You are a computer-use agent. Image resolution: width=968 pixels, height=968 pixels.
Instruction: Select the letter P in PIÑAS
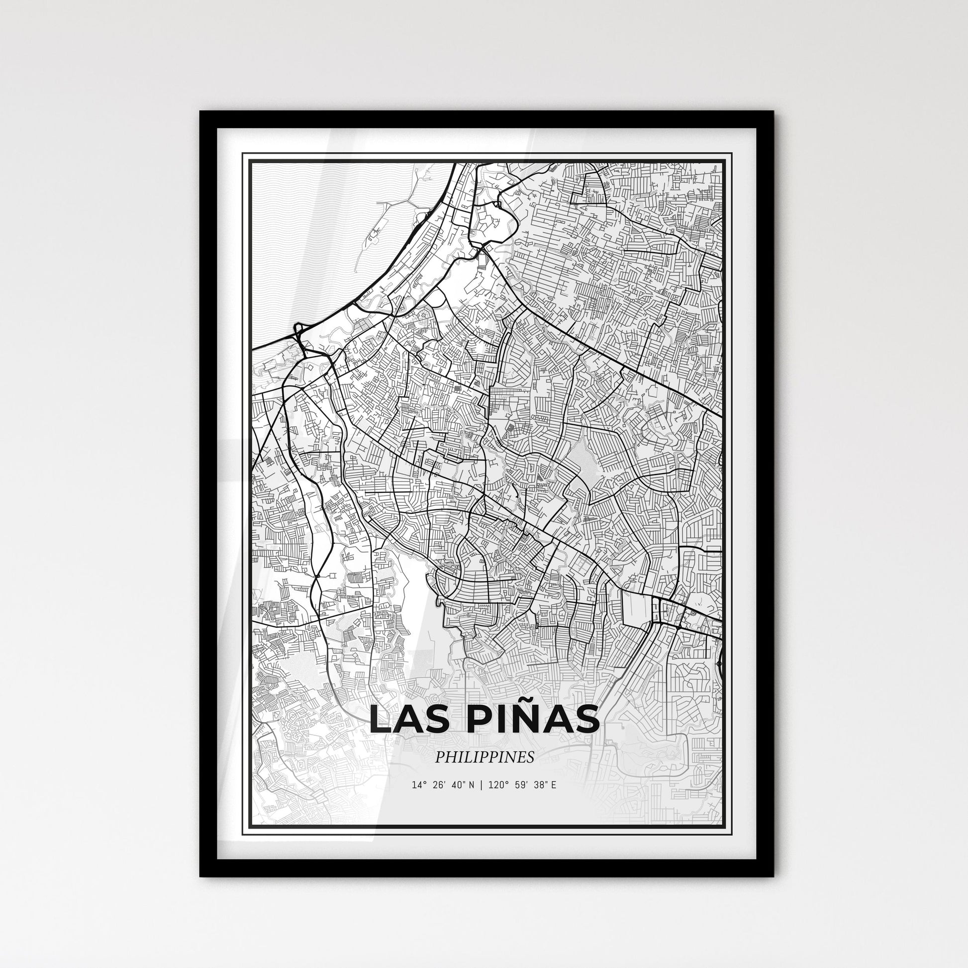[472, 720]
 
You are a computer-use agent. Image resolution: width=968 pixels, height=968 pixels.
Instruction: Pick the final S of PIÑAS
[587, 720]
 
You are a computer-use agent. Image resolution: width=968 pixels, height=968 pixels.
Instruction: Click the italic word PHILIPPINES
[484, 758]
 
